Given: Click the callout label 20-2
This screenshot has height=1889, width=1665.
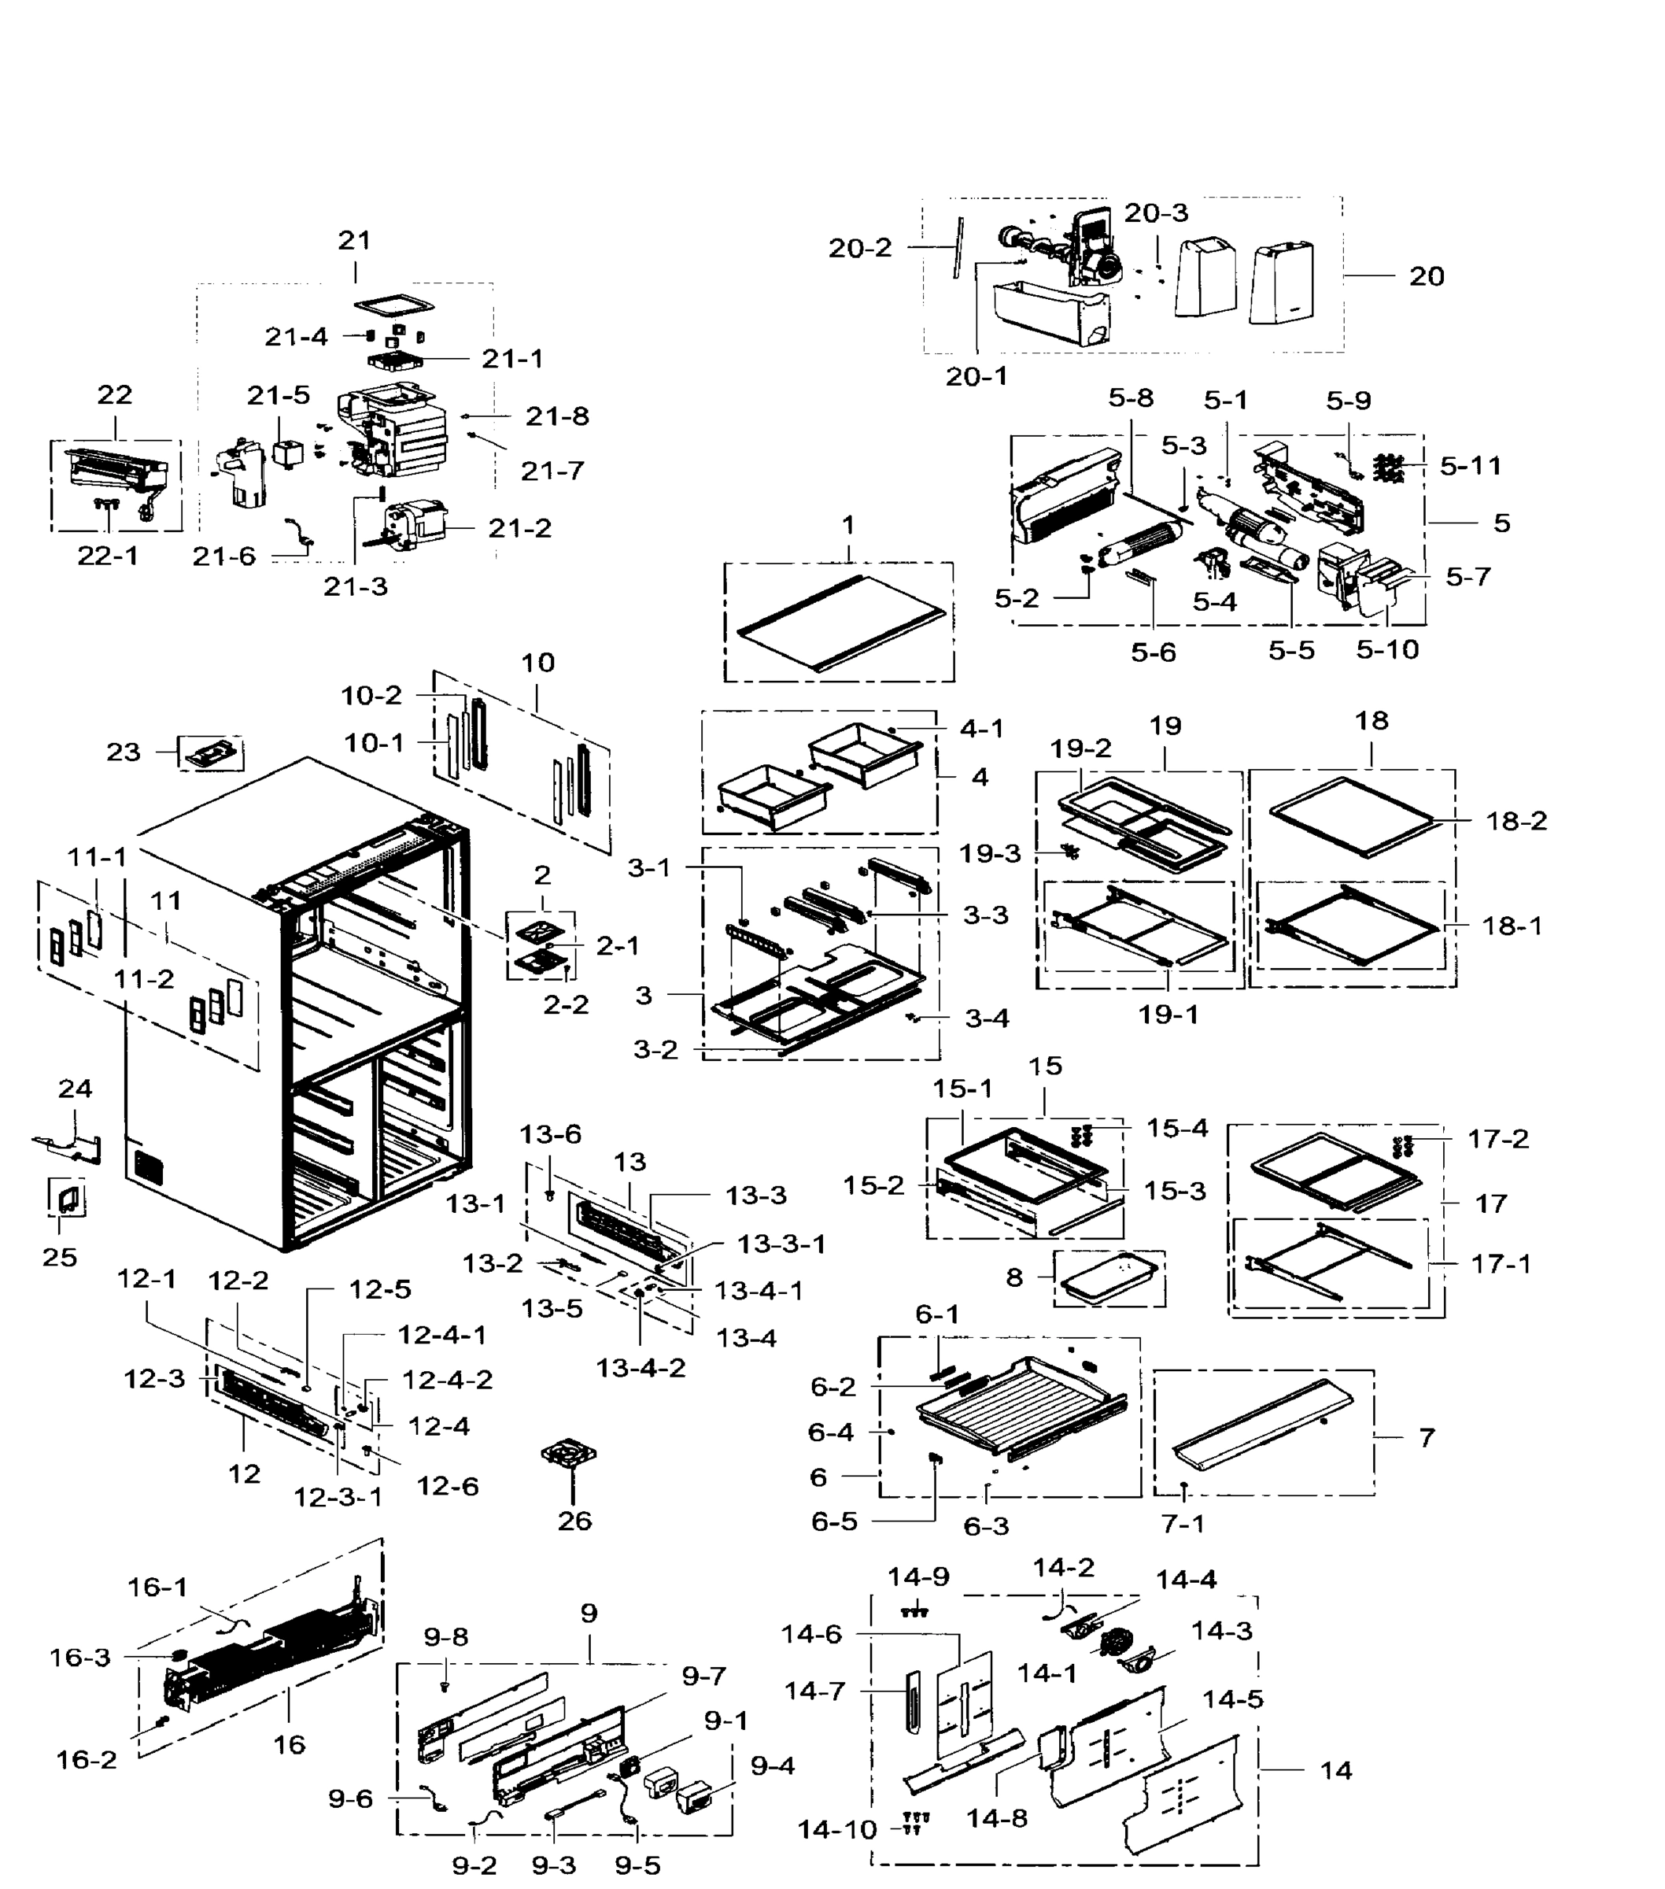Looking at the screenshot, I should tap(859, 248).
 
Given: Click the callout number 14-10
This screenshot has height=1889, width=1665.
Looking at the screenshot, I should tap(836, 1829).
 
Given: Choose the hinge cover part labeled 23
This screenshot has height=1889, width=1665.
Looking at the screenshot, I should tap(212, 753).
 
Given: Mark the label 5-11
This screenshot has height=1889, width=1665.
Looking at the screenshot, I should tap(1470, 465).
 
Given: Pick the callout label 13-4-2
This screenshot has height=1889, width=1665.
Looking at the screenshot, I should tap(641, 1368).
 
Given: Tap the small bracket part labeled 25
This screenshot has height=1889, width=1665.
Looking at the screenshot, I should tap(68, 1200).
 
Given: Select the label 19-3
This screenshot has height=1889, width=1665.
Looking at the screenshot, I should tap(990, 853).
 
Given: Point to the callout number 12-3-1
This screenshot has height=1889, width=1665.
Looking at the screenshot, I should tap(338, 1496).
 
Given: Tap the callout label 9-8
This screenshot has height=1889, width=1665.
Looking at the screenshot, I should tap(445, 1636).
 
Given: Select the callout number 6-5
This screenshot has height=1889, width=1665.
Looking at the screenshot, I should tap(833, 1521).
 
